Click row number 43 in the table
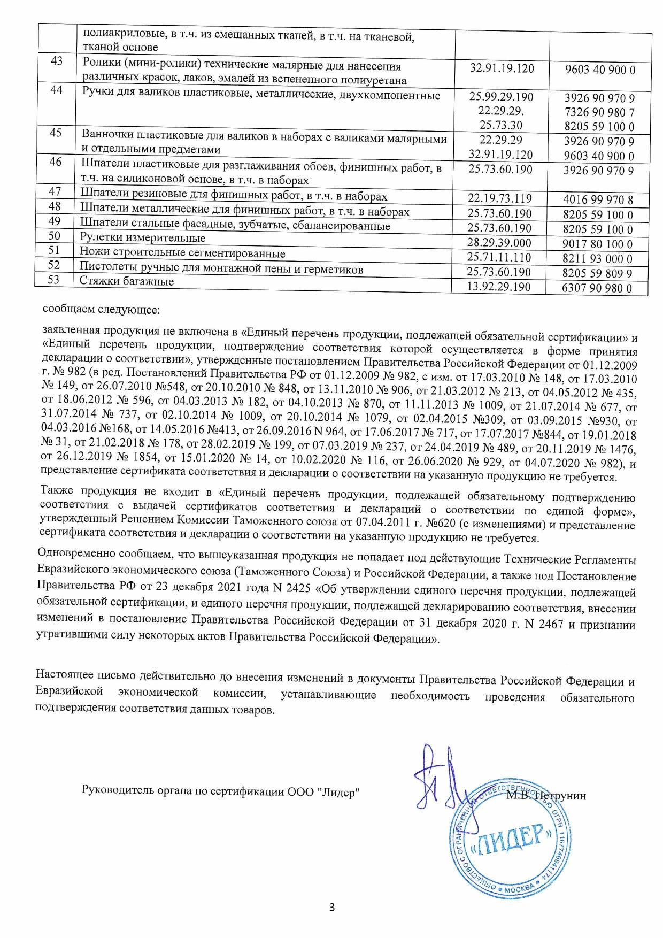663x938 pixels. coord(56,61)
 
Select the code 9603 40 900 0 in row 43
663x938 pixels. coord(599,70)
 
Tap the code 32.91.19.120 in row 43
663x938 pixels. coord(502,68)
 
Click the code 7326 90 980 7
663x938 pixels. coord(599,112)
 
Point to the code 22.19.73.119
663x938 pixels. coord(500,199)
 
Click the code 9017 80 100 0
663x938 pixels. coord(598,244)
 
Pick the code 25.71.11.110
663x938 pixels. coord(500,258)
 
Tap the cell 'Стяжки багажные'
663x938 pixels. coord(127,281)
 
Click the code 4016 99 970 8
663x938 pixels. coord(598,201)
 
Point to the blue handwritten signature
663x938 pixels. coord(438,775)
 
